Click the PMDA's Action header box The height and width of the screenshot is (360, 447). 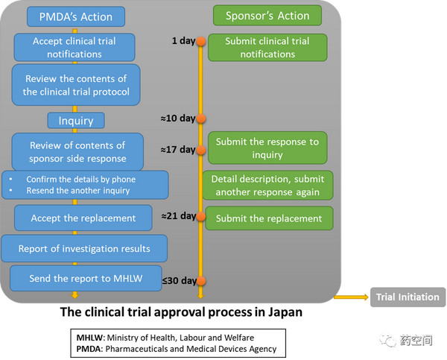coord(76,16)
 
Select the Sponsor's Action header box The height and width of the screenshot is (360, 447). coord(267,16)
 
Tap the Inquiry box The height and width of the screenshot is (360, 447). coord(76,121)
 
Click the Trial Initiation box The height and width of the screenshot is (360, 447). coord(408,297)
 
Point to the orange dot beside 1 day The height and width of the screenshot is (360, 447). coord(201,41)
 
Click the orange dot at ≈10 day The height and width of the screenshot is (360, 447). coord(201,118)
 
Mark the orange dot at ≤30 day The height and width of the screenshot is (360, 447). coord(201,281)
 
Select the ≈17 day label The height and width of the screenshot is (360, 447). coord(178,149)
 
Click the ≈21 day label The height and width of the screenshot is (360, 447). coord(179,215)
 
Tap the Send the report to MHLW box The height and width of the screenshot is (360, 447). coord(86,278)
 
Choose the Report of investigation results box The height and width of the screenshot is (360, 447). coord(84,248)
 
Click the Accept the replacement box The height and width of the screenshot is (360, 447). coord(83,218)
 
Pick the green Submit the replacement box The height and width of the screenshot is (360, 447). coord(269,218)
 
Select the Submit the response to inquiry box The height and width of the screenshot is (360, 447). coord(267,148)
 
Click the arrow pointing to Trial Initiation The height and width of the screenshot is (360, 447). coord(351,297)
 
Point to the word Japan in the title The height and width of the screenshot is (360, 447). coord(285,312)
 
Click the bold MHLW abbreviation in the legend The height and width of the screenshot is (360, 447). coord(89,338)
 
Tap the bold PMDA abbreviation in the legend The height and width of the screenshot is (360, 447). coord(89,349)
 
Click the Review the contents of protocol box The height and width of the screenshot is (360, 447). coord(76,85)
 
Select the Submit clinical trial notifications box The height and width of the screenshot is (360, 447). coord(267,48)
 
